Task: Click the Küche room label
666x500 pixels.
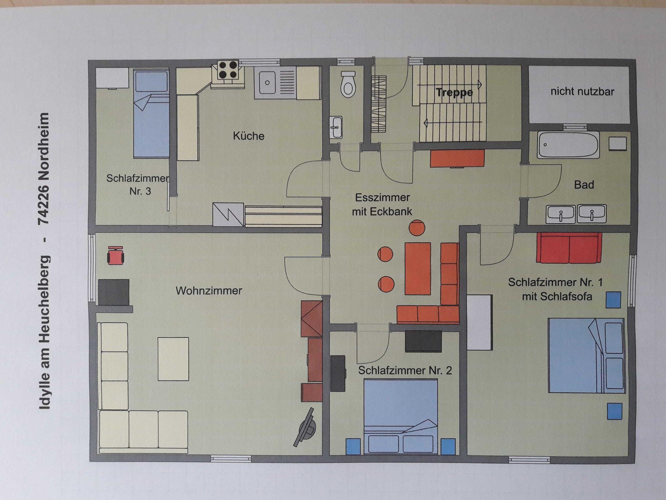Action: (248, 136)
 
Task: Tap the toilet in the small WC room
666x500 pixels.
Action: (348, 84)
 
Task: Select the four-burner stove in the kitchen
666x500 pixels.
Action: (228, 70)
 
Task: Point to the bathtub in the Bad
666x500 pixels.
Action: (568, 145)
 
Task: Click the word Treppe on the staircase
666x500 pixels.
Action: (454, 92)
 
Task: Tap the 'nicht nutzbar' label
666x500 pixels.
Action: (582, 92)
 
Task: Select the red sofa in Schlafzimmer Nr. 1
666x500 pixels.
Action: (569, 247)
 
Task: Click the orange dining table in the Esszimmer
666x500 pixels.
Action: (418, 269)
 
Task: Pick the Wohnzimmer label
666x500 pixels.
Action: (209, 291)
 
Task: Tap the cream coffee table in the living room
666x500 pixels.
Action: (173, 359)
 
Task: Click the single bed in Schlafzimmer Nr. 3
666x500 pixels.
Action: (151, 114)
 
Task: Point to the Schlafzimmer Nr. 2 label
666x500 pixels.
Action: (405, 371)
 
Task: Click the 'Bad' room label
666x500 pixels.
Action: (584, 185)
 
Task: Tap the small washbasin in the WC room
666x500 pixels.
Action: (336, 127)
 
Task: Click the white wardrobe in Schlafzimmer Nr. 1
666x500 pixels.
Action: (479, 322)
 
